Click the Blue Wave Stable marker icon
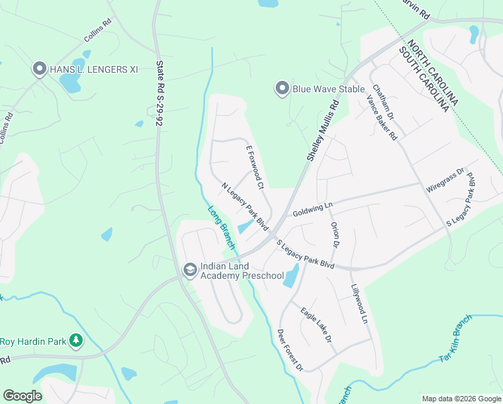tap(282, 88)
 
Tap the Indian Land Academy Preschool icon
tap(190, 270)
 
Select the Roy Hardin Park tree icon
tap(77, 341)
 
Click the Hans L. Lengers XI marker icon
tap(40, 69)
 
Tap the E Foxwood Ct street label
tap(254, 166)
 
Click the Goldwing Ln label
tap(313, 208)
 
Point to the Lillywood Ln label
tap(359, 304)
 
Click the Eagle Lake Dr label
tap(317, 326)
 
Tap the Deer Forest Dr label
tap(291, 350)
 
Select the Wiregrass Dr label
tap(445, 180)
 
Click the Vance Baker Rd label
tap(381, 116)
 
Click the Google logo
tap(22, 396)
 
